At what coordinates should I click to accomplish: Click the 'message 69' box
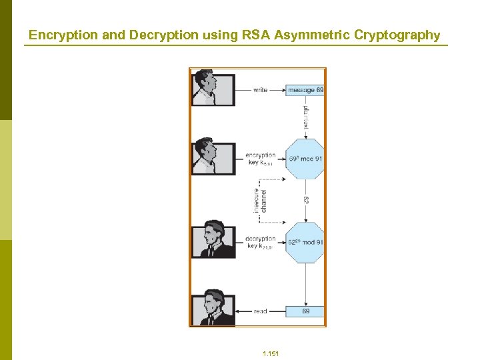pyautogui.click(x=305, y=90)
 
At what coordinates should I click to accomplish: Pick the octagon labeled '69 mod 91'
pyautogui.click(x=305, y=159)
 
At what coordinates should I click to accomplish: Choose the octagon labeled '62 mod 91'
pyautogui.click(x=305, y=243)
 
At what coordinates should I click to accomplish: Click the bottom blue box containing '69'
pyautogui.click(x=305, y=311)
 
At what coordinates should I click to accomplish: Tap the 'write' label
pyautogui.click(x=261, y=90)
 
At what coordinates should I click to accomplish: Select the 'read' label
pyautogui.click(x=261, y=311)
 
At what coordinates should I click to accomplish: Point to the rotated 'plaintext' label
pyautogui.click(x=306, y=117)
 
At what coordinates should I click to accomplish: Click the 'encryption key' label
pyautogui.click(x=261, y=159)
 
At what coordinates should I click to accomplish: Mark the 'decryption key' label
pyautogui.click(x=261, y=242)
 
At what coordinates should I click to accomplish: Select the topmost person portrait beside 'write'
pyautogui.click(x=213, y=89)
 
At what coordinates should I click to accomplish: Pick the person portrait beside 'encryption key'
pyautogui.click(x=213, y=158)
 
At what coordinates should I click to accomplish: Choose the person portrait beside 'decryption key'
pyautogui.click(x=213, y=241)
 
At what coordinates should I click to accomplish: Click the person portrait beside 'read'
pyautogui.click(x=213, y=309)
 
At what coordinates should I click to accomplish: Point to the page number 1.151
pyautogui.click(x=271, y=353)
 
